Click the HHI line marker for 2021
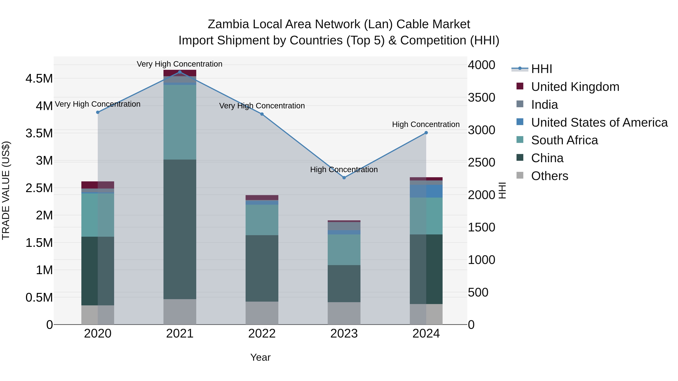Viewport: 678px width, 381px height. (x=180, y=72)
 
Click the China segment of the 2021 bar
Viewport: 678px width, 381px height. (x=180, y=229)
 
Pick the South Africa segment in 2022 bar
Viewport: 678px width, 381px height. (x=262, y=220)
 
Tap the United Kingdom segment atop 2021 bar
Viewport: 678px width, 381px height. (x=180, y=73)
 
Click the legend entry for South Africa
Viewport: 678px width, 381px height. (x=564, y=140)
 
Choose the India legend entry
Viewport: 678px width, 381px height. (x=544, y=105)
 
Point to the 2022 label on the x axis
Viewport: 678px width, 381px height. (x=262, y=334)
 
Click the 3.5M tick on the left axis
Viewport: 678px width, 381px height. (x=39, y=133)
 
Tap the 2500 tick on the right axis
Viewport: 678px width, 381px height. (x=481, y=163)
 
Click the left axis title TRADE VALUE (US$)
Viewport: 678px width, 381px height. (x=6, y=190)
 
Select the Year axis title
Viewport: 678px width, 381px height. (x=260, y=357)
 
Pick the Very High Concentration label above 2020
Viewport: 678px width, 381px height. (x=98, y=104)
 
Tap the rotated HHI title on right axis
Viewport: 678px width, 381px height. (x=502, y=190)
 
